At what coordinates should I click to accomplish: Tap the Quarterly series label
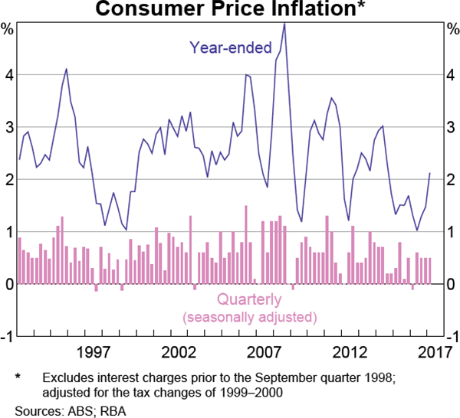(248, 299)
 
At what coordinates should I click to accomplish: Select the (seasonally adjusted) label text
(248, 316)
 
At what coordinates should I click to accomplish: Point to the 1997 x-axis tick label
(94, 352)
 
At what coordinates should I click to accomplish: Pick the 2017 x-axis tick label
(432, 352)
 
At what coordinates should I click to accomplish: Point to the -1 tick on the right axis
(452, 336)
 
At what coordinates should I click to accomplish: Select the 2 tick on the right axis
(452, 180)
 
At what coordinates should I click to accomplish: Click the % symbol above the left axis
(8, 30)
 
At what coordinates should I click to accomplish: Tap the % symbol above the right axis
(452, 30)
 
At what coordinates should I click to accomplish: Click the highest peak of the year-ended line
(284, 23)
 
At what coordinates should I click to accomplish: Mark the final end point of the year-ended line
(429, 174)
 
